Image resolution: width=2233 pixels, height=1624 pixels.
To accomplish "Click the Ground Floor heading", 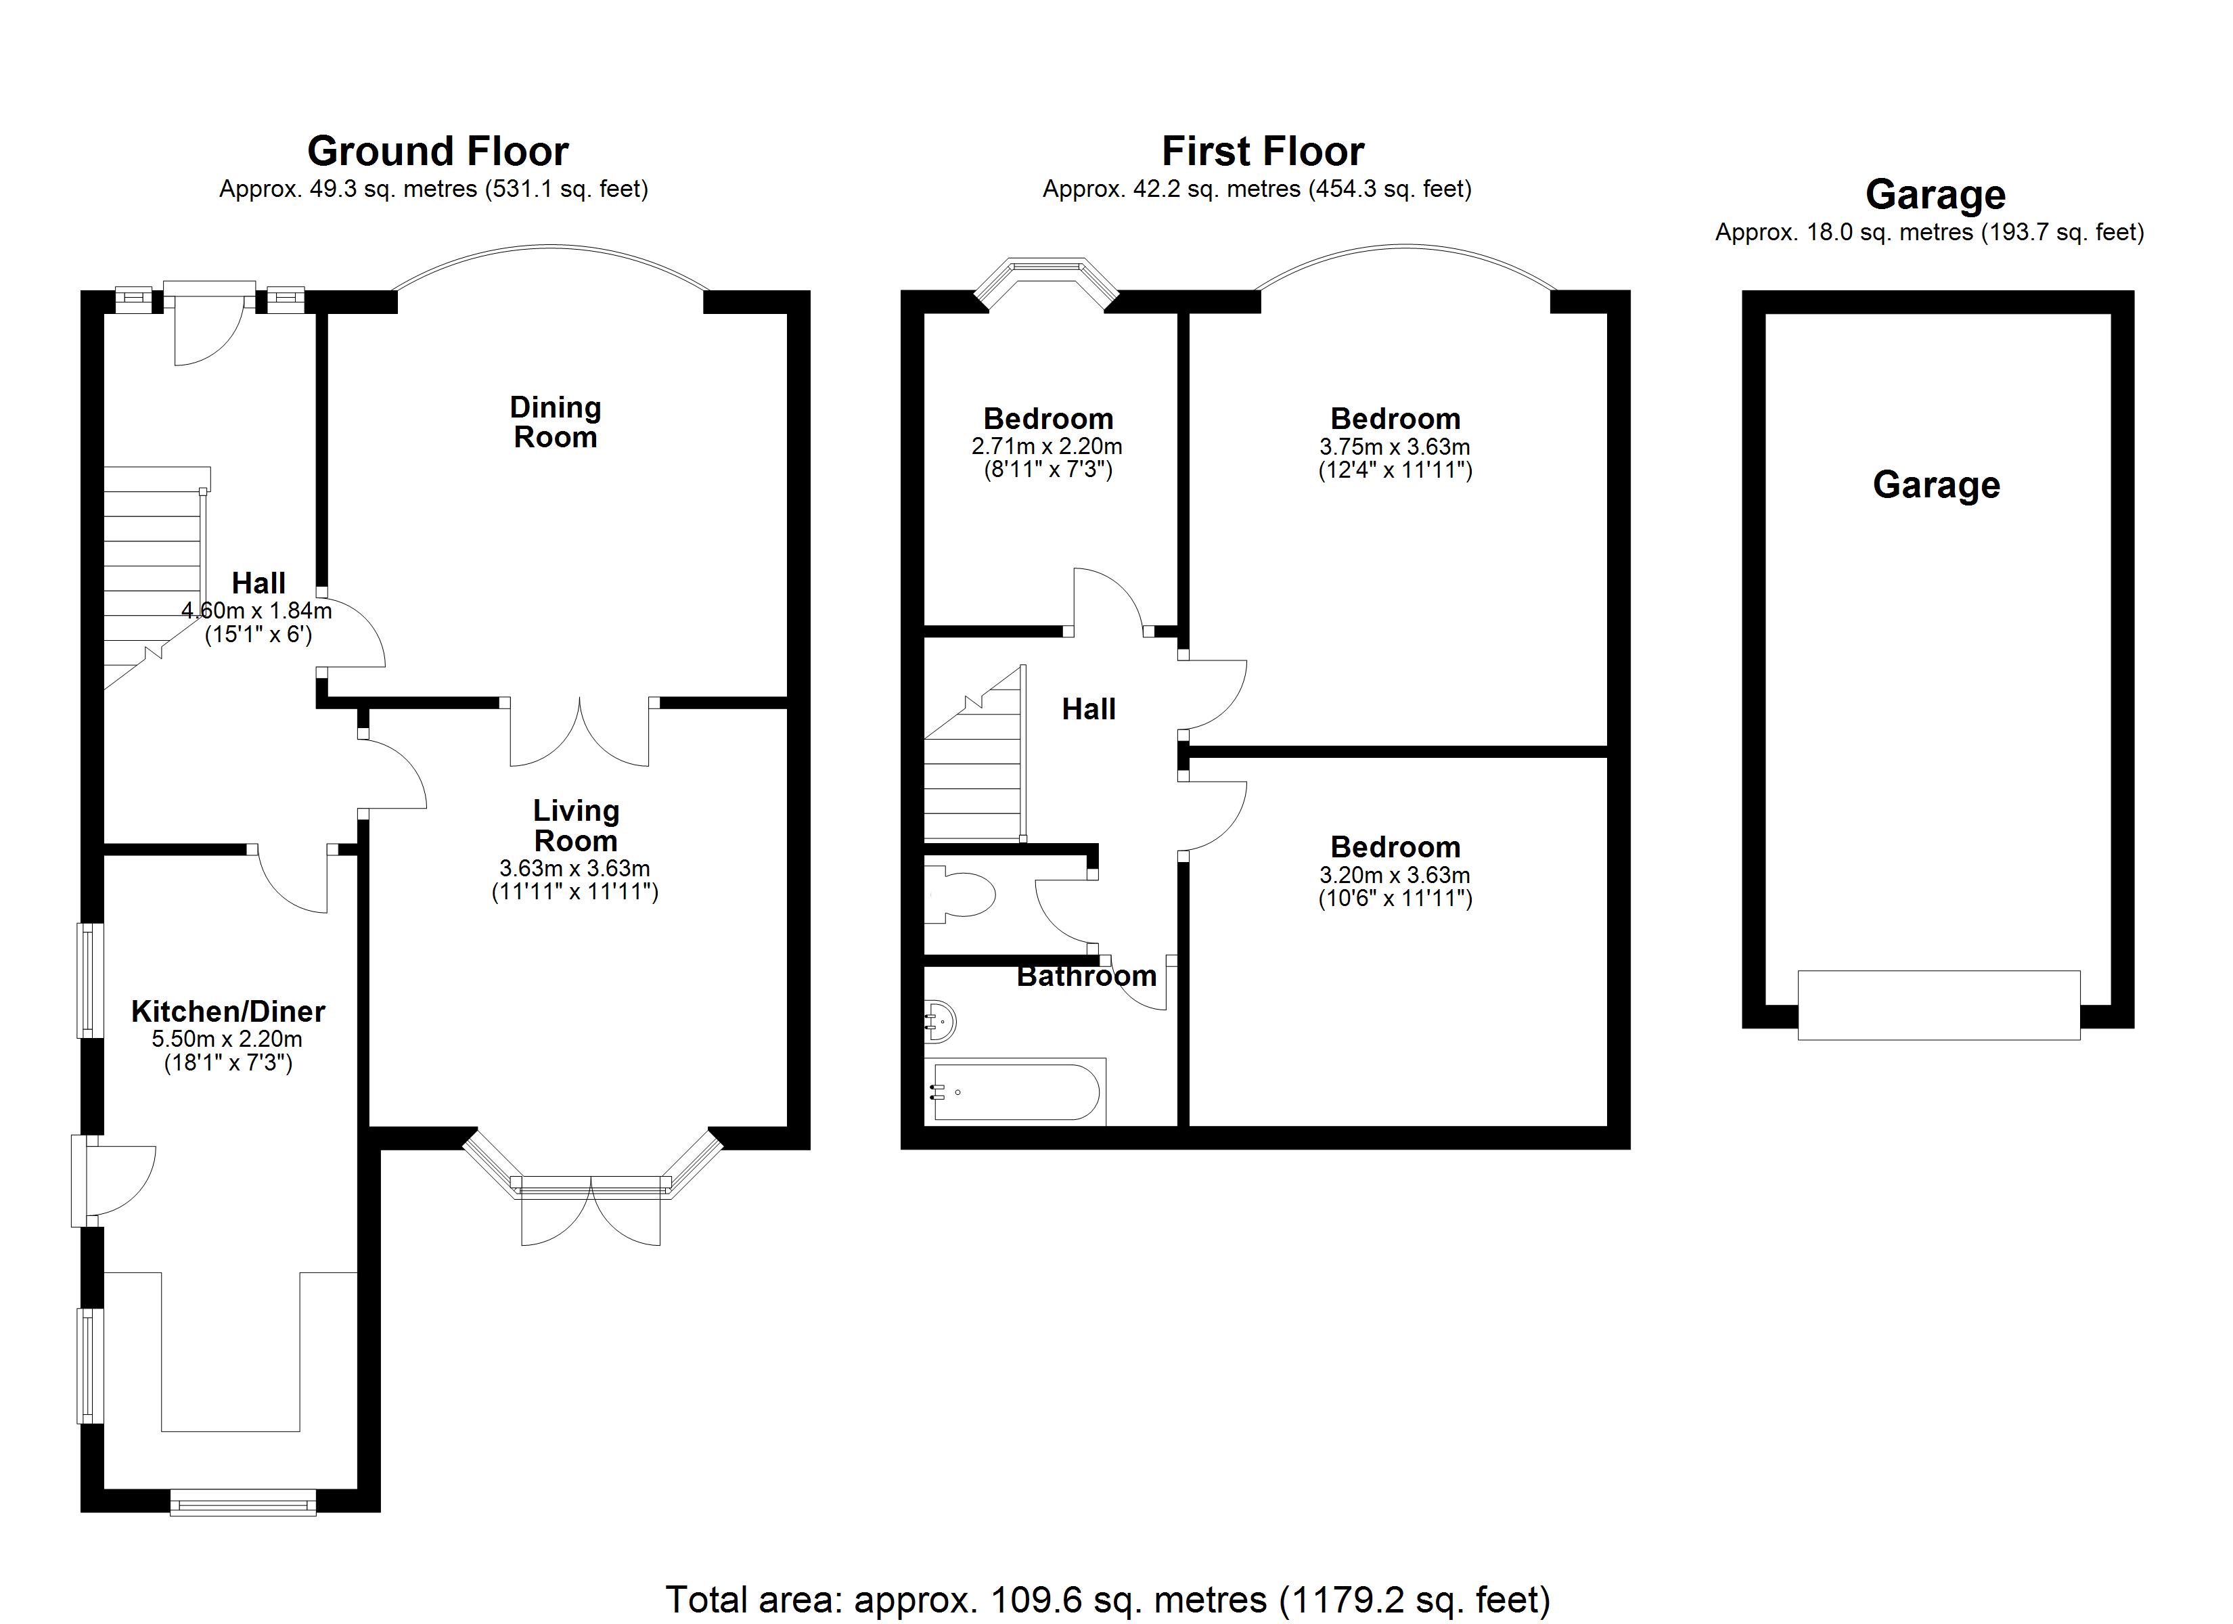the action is pos(437,152).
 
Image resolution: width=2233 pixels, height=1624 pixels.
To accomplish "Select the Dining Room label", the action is pos(556,422).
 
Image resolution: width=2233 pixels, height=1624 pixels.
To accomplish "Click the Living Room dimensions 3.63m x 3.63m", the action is pos(575,869).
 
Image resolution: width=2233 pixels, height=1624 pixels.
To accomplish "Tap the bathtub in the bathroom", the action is pos(1015,1091).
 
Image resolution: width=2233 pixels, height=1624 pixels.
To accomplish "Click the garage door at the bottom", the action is pos(1939,1005).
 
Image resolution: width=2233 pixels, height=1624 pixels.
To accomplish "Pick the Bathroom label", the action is pos(1086,976).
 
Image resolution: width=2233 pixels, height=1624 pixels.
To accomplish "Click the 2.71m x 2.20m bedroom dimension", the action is pos(1047,446).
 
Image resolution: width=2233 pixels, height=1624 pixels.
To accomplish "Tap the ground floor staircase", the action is pos(154,581).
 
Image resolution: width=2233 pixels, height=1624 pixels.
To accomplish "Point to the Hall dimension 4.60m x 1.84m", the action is pos(257,610).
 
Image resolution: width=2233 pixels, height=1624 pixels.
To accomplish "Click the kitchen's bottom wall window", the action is pos(242,1502).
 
